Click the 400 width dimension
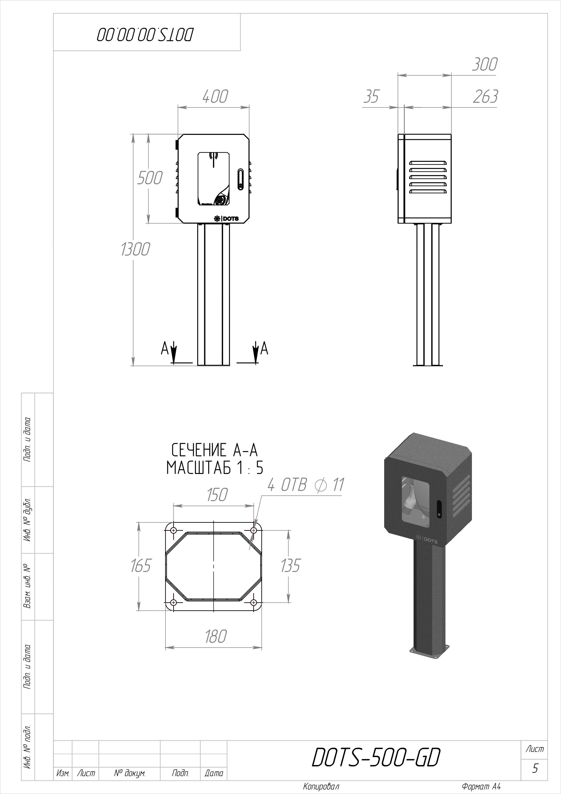[x=215, y=96]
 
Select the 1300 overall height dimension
[x=135, y=249]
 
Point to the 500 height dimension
[x=149, y=178]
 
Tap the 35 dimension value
[x=371, y=96]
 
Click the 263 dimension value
[x=485, y=96]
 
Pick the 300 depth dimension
[x=485, y=64]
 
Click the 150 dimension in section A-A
[x=217, y=495]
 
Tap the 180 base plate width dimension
[x=215, y=637]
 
